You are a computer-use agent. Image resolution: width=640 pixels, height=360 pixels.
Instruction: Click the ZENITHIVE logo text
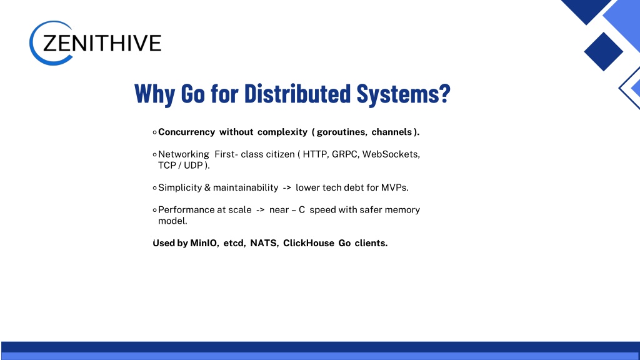[x=102, y=43]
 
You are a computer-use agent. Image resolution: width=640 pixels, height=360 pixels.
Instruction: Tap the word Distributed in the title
[x=297, y=94]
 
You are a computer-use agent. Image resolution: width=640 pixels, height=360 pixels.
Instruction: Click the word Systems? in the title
[x=404, y=94]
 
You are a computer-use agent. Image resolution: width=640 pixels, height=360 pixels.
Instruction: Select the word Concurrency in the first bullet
[x=186, y=132]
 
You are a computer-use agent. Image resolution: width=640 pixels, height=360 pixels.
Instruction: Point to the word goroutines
[x=342, y=132]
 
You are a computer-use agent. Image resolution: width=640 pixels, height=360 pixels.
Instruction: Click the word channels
[x=392, y=132]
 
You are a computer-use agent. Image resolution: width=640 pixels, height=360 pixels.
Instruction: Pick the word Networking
[x=184, y=154]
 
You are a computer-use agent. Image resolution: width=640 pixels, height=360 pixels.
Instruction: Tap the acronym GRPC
[x=345, y=154]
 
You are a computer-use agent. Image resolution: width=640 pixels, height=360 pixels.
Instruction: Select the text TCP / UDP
[x=181, y=165]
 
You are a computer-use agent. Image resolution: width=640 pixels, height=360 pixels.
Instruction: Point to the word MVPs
[x=395, y=187]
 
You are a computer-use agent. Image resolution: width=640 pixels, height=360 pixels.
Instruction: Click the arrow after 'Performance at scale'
[x=261, y=210]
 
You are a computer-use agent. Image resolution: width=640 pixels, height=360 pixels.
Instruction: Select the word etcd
[x=234, y=243]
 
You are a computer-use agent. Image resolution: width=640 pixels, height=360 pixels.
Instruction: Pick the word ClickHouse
[x=309, y=243]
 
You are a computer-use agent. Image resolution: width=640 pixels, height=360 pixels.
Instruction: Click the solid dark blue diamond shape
[x=603, y=52]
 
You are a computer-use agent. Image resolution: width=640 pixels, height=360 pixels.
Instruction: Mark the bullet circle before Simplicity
[x=155, y=188]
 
